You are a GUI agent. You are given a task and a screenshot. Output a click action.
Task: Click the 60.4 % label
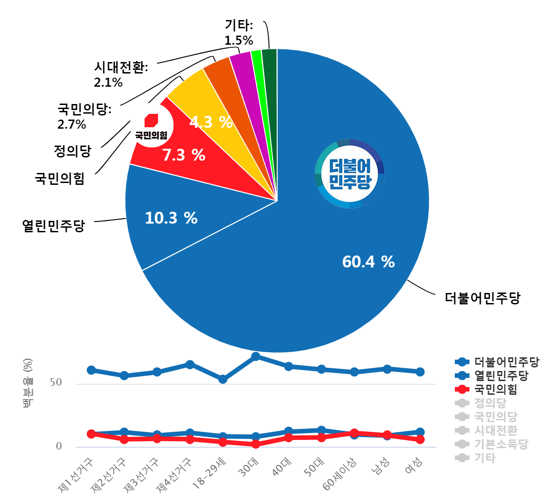[x=368, y=262]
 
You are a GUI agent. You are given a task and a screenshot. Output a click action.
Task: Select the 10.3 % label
[x=171, y=218]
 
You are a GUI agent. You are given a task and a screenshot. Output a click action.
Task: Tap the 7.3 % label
[x=184, y=156]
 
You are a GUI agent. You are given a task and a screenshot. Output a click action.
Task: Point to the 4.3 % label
[x=211, y=122]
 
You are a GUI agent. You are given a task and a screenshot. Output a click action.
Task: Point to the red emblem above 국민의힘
[x=151, y=120]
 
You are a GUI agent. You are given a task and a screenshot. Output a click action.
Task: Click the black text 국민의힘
[x=151, y=135]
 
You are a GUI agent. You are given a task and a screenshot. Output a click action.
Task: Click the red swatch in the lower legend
[x=457, y=389]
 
